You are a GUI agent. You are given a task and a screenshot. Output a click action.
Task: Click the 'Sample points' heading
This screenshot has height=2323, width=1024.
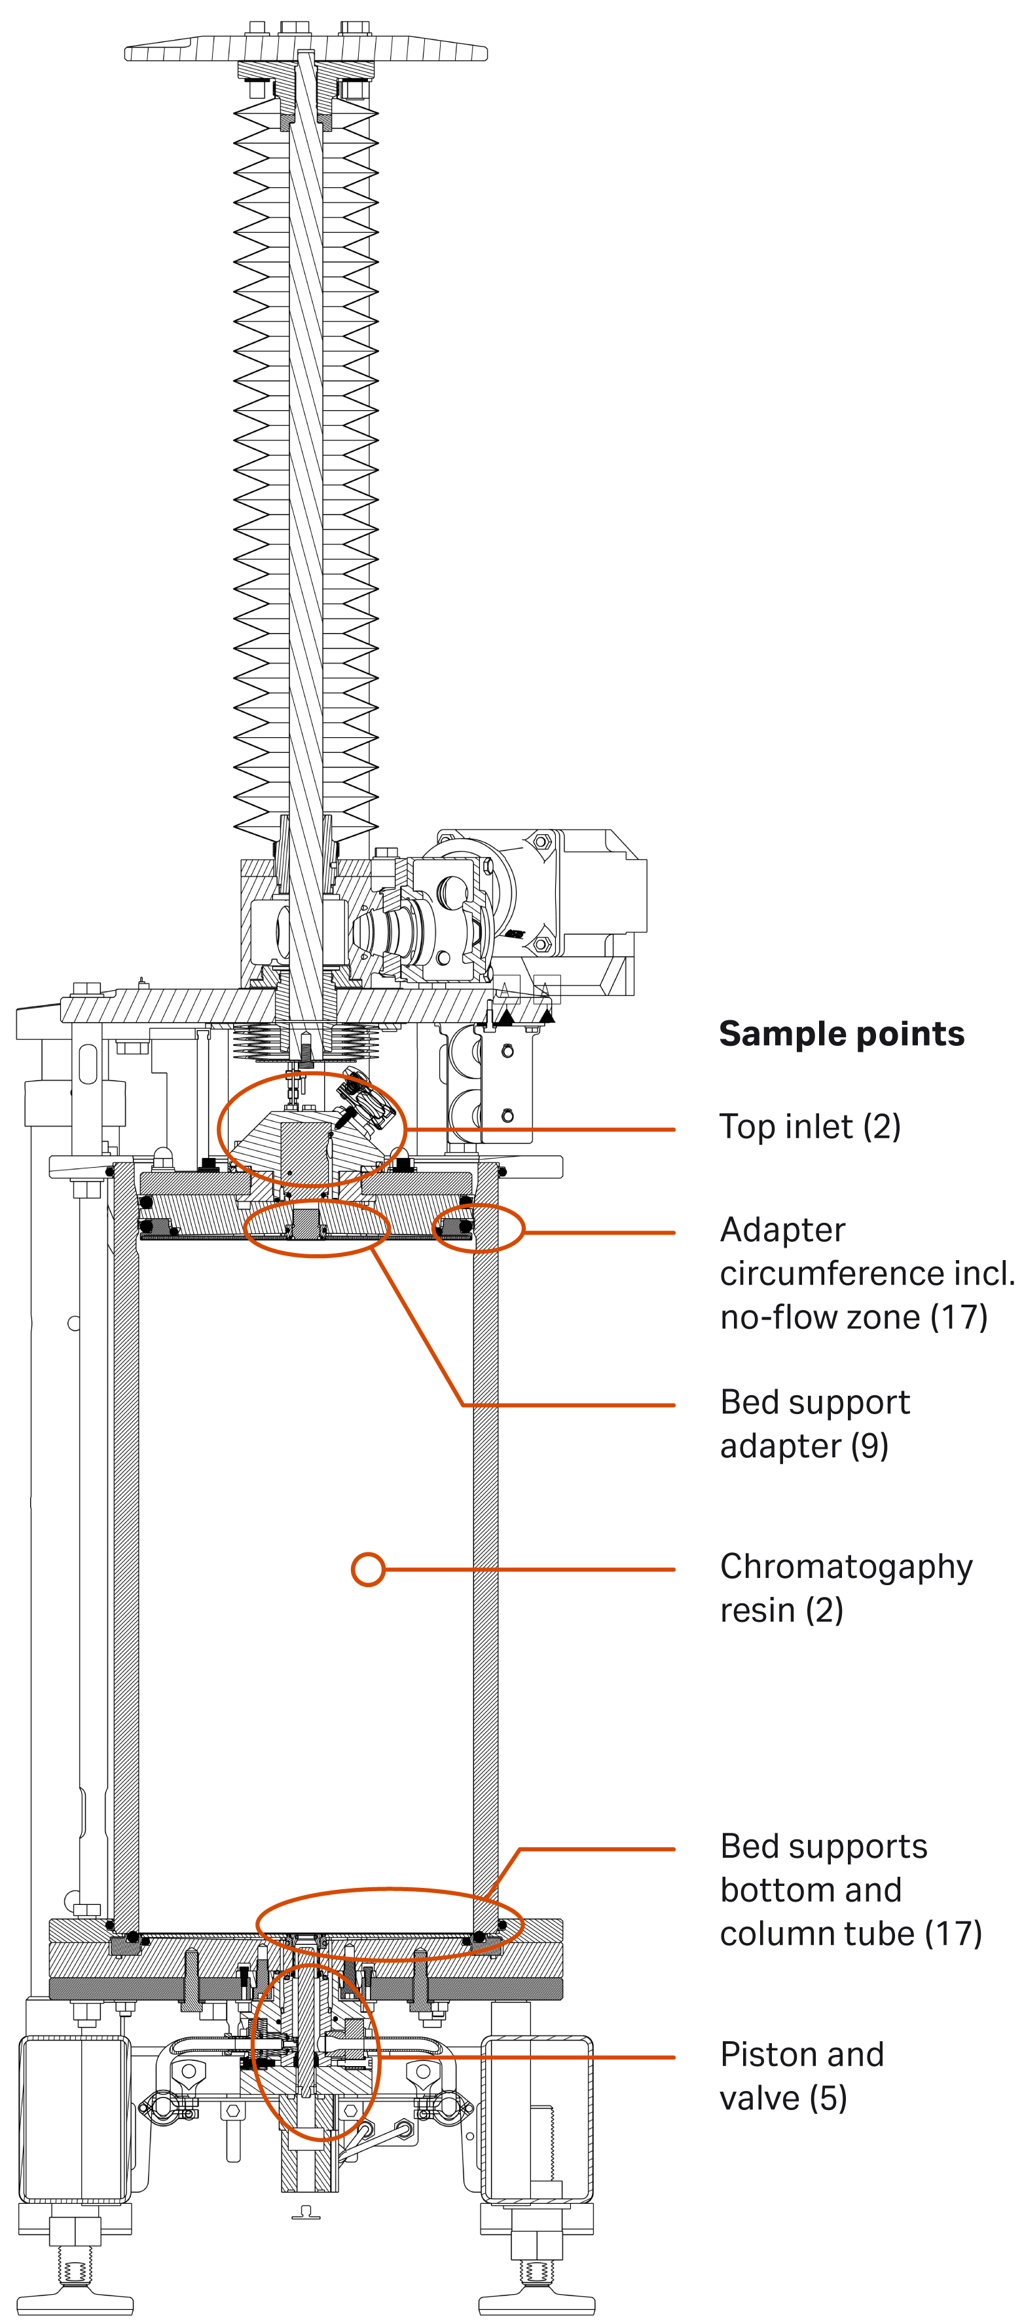coord(841,1033)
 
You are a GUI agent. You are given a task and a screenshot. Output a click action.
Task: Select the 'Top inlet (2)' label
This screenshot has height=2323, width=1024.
coord(809,1126)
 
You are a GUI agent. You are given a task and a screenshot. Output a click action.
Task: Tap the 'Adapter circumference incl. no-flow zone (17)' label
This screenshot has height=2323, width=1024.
coord(866,1273)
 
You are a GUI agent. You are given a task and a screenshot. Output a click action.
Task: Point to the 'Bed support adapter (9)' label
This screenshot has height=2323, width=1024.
coord(814,1424)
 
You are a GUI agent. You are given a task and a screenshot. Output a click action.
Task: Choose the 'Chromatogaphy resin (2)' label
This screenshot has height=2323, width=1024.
coord(845,1588)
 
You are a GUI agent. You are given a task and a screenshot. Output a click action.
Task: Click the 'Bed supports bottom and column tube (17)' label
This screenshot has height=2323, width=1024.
coord(850,1889)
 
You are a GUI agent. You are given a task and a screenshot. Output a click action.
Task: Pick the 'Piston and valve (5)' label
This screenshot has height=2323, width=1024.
coord(801,2076)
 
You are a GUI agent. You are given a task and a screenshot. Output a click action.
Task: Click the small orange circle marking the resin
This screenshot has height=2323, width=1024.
coord(368,1569)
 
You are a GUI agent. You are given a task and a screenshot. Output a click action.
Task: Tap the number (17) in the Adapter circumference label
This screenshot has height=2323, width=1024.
coord(958,1318)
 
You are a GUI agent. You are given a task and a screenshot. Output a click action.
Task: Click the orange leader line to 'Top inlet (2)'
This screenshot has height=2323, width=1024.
coord(541,1129)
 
